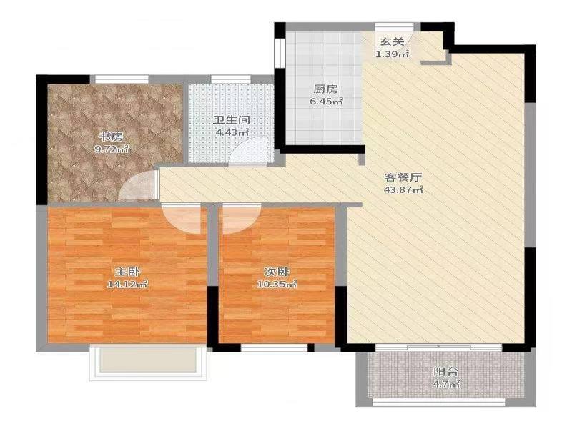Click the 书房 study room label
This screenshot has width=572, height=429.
click(112, 137)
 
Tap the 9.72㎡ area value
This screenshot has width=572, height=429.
click(112, 149)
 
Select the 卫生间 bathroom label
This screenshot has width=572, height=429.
click(232, 120)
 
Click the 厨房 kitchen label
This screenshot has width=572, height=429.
click(326, 89)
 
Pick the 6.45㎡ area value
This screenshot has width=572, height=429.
click(326, 102)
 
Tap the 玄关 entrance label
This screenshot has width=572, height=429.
click(392, 41)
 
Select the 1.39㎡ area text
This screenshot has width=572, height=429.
click(392, 54)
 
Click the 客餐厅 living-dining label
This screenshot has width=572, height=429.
click(403, 177)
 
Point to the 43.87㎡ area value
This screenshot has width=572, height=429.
click(403, 189)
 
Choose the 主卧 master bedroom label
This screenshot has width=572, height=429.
click(127, 272)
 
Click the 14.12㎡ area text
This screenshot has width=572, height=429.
click(127, 284)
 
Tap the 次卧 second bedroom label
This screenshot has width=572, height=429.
click(277, 272)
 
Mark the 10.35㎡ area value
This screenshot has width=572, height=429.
click(277, 284)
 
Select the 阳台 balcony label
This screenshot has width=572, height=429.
click(445, 372)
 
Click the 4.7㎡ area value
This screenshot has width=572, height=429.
click(445, 384)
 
